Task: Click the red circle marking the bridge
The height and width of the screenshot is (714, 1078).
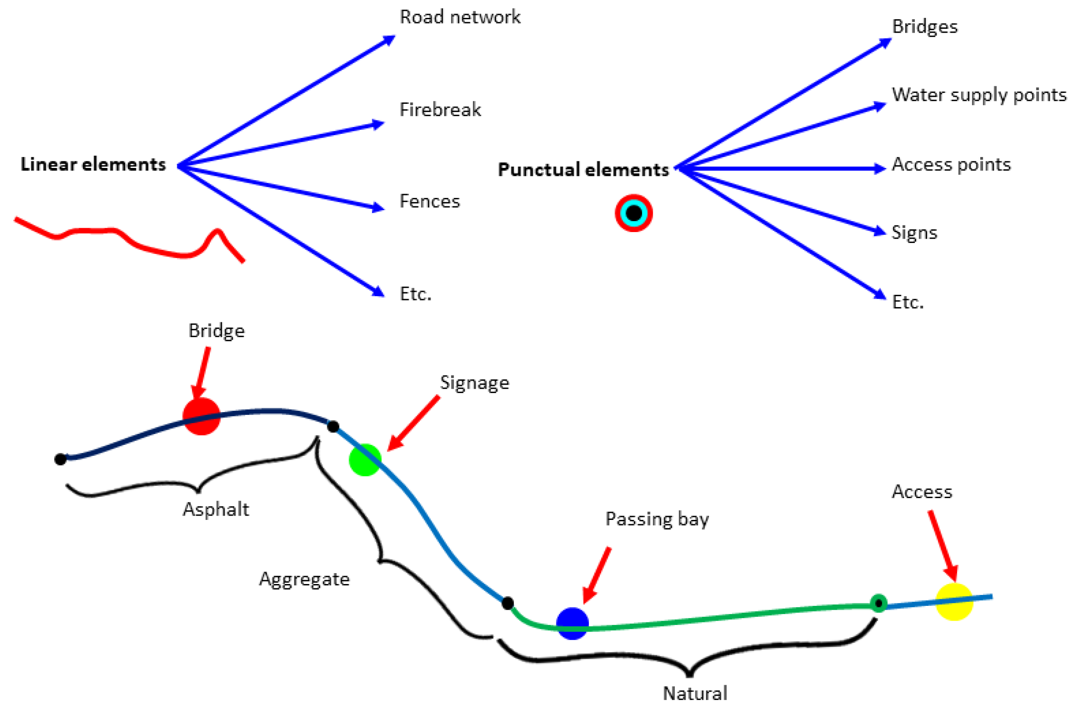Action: tap(201, 416)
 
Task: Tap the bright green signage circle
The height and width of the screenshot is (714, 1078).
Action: tap(365, 460)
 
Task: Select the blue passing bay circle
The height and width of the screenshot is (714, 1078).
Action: tap(572, 623)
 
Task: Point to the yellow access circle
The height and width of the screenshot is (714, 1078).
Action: tap(954, 602)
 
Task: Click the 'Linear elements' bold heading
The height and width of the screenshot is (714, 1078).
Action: tap(93, 164)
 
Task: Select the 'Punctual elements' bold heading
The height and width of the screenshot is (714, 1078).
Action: tap(583, 170)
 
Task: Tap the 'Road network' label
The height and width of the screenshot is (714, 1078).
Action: tap(460, 17)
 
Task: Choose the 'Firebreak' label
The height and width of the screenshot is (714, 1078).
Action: tap(440, 110)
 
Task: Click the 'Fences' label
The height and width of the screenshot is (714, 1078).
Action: tap(429, 201)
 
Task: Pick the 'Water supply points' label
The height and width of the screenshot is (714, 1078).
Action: tap(979, 95)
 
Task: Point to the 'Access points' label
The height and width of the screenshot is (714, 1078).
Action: tap(951, 164)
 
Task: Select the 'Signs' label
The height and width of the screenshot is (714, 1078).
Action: tap(914, 232)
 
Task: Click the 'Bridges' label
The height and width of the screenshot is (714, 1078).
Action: tap(924, 27)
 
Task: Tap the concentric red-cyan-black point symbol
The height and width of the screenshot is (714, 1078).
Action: tap(633, 213)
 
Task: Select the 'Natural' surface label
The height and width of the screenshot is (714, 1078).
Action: tap(695, 694)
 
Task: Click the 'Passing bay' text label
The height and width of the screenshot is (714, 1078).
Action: tap(657, 519)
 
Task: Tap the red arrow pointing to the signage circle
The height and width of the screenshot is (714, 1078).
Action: tap(414, 423)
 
